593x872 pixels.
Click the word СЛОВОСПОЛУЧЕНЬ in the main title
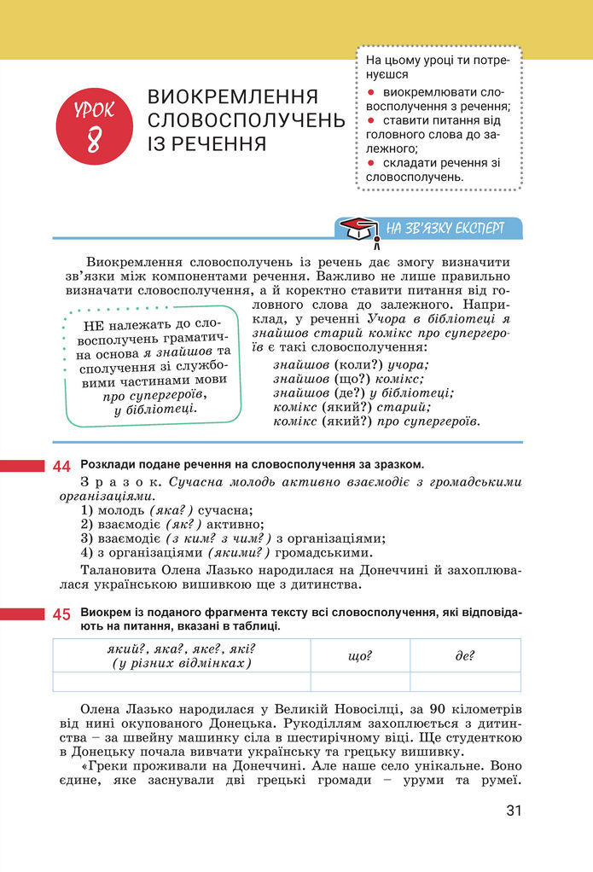246,119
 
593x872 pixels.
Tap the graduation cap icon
358,229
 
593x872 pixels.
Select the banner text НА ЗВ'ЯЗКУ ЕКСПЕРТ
445,229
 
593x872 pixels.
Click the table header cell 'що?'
360,656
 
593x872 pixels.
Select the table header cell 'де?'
465,656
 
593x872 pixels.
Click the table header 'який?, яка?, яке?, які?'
181,648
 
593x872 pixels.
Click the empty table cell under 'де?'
465,682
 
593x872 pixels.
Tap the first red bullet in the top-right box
370,90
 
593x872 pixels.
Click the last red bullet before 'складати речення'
370,162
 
